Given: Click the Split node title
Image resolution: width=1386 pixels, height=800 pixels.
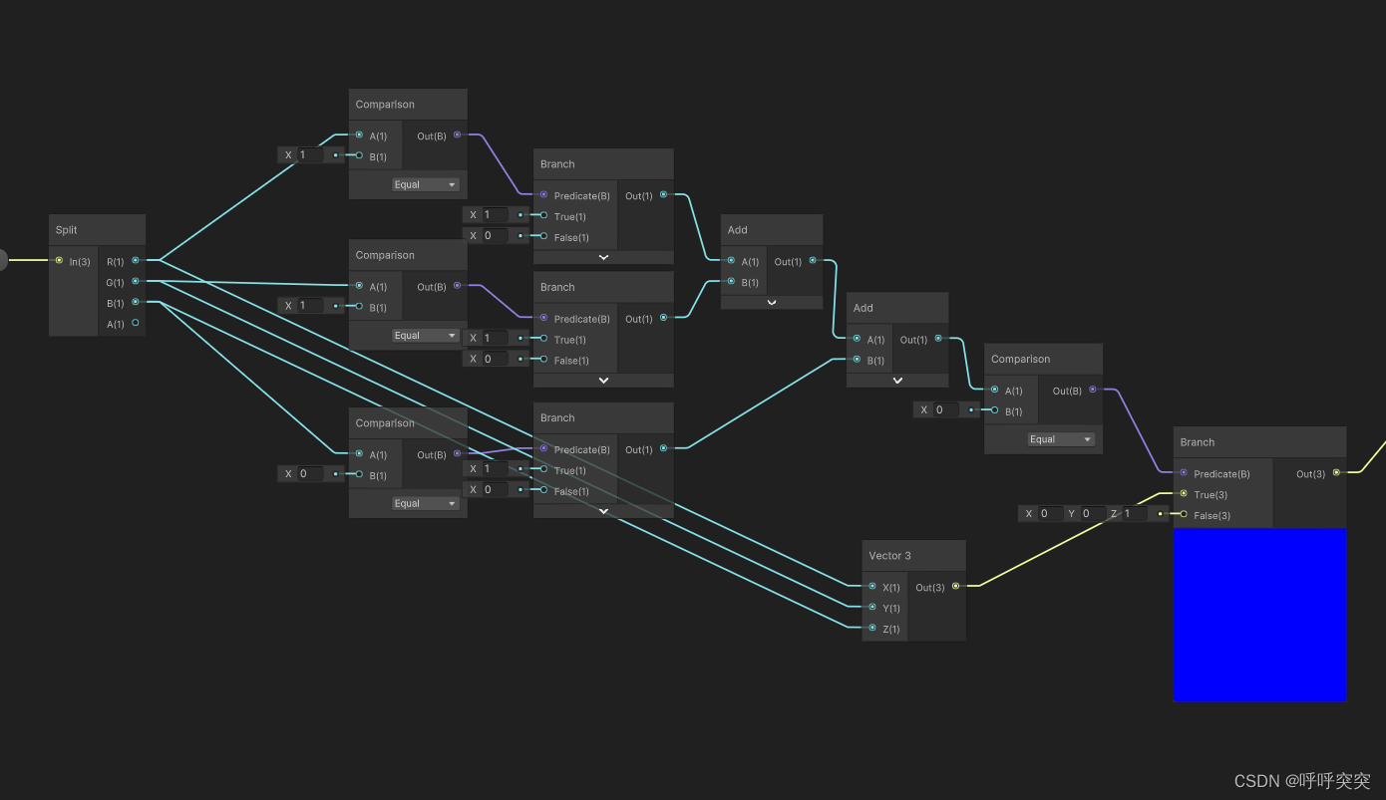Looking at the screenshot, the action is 67,230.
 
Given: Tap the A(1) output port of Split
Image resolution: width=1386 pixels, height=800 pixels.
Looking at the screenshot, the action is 136,323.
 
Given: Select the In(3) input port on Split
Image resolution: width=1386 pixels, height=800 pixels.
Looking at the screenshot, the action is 60,261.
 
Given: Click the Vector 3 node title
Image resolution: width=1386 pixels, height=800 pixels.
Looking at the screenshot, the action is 889,556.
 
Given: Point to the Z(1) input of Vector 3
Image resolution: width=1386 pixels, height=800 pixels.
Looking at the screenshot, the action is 872,628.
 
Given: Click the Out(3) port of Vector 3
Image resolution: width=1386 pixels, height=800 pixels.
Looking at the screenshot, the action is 955,586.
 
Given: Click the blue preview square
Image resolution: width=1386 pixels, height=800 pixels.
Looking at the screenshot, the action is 1259,615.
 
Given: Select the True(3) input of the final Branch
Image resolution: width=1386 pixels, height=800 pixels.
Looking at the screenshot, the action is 1184,494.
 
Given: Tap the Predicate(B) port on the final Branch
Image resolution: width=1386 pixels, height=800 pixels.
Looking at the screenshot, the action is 1184,473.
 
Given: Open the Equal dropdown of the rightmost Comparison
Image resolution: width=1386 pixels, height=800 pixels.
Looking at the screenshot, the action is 1061,439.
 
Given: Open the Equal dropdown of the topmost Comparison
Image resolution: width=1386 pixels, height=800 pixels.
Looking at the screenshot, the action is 425,184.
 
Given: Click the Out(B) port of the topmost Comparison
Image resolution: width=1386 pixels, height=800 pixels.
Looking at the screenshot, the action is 457,134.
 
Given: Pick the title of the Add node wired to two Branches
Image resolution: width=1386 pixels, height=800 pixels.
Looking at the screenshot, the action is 738,230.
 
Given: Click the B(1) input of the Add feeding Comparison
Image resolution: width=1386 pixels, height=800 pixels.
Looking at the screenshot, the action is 857,360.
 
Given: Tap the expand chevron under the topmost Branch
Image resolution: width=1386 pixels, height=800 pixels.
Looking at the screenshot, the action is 603,257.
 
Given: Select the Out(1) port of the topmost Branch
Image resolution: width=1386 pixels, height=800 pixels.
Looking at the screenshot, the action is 663,195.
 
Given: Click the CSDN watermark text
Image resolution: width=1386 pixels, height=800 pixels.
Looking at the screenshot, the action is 1301,781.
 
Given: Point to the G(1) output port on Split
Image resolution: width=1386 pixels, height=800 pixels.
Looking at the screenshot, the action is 136,282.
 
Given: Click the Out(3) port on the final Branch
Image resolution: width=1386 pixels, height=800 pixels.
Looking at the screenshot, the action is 1336,473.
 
